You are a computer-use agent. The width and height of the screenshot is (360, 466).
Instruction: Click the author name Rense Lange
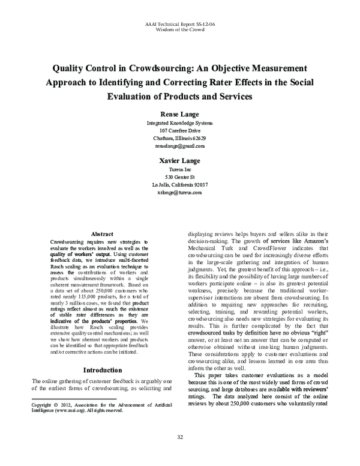179,113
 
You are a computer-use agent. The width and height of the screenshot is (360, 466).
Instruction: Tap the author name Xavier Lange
179,161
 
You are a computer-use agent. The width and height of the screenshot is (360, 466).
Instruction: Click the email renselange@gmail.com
179,145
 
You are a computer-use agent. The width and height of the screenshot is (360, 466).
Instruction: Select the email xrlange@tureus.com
179,193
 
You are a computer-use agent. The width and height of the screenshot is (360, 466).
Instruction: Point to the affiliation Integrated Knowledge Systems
179,123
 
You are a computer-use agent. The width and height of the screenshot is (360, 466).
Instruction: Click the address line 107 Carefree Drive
179,130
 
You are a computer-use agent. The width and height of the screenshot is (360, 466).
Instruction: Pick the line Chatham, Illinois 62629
179,138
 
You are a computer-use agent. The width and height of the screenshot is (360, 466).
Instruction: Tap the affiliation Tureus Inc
179,170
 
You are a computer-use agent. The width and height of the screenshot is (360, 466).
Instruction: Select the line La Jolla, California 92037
179,185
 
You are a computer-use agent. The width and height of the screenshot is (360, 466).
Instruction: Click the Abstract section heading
102,233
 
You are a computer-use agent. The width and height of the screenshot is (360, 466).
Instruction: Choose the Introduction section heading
102,370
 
